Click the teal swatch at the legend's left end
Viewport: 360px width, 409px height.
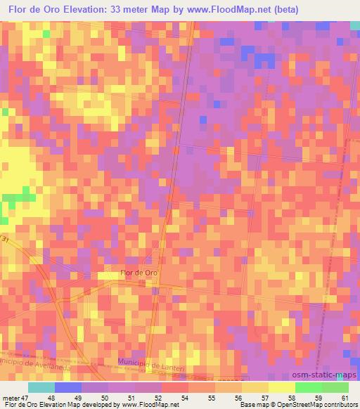41,387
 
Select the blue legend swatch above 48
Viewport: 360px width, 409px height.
68,387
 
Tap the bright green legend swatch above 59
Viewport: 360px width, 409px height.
309,387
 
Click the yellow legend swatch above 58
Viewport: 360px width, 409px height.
282,387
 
